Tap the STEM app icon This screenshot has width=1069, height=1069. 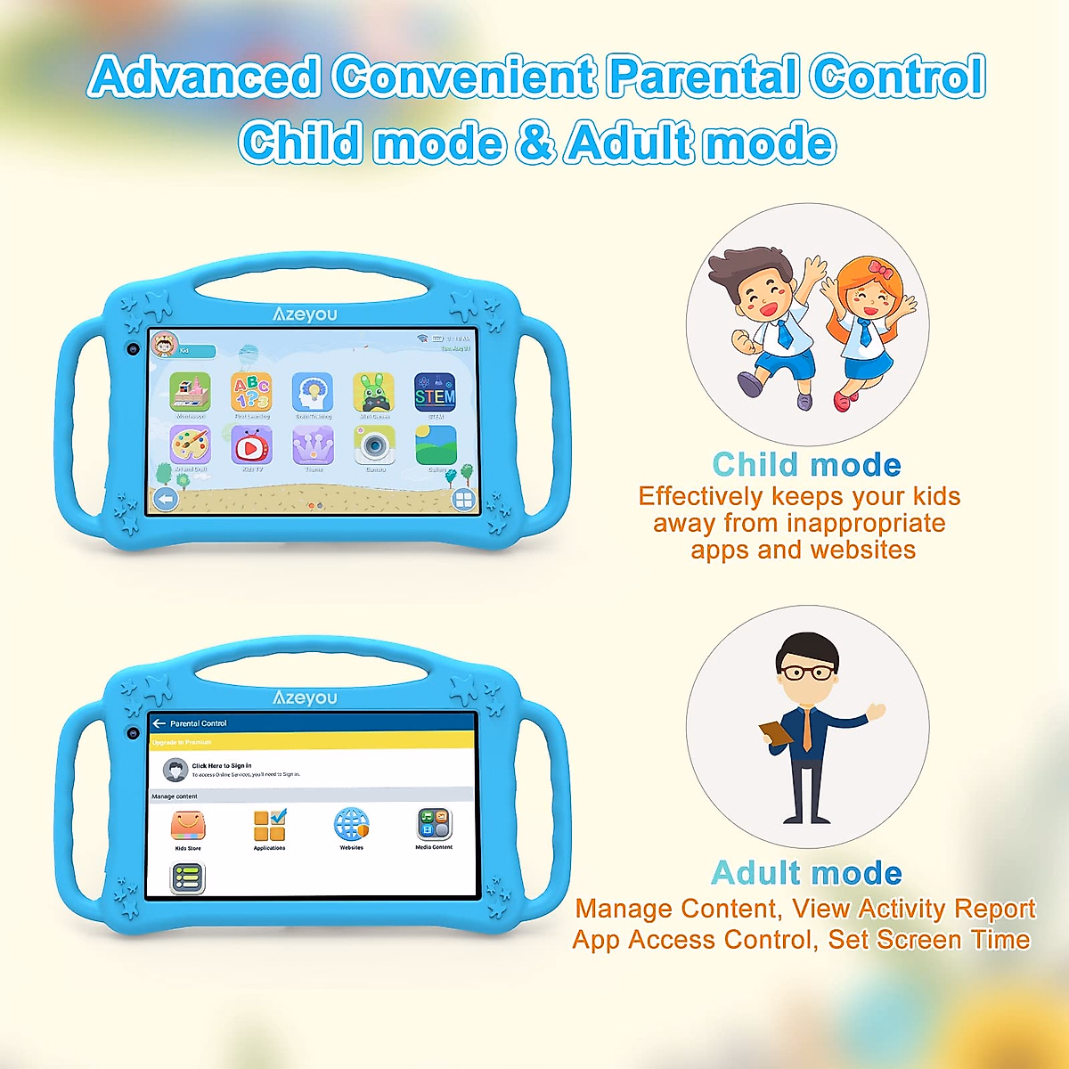[435, 392]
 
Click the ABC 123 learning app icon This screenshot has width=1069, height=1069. [251, 392]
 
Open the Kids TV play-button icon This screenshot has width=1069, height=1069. [251, 445]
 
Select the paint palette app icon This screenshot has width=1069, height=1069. [190, 445]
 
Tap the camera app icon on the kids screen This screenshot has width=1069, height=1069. [374, 445]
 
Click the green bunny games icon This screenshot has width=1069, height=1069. [374, 392]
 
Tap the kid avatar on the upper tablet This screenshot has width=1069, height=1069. [165, 344]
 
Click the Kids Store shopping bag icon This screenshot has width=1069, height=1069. [188, 826]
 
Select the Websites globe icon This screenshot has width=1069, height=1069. [351, 825]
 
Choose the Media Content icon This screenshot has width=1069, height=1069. [434, 825]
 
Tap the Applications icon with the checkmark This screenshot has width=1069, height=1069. [269, 826]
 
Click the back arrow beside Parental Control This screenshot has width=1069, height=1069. [159, 723]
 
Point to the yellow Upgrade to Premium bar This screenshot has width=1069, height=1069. [312, 742]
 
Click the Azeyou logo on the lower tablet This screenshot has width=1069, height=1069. [305, 698]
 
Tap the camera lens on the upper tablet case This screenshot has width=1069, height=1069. [133, 348]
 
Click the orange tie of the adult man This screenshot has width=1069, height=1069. [807, 730]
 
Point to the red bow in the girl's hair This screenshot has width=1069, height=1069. [880, 268]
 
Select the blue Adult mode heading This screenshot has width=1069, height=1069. [807, 873]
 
